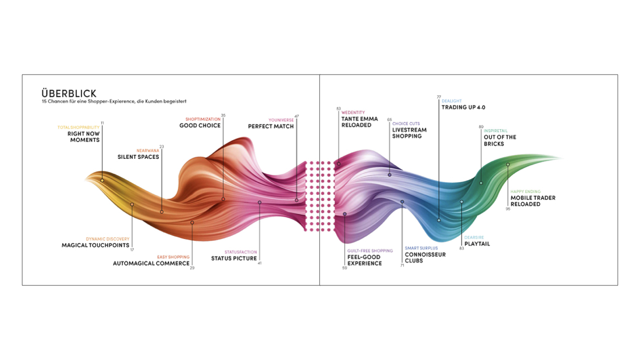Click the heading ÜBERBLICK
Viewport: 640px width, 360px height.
coord(69,93)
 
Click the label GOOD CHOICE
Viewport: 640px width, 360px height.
coord(200,126)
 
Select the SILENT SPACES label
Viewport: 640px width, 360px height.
coord(138,156)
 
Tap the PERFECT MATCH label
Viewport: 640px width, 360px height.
coord(271,127)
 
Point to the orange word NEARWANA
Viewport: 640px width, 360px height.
coord(148,151)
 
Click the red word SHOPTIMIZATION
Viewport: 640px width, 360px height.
coord(203,119)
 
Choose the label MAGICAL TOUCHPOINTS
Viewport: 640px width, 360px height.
coord(95,245)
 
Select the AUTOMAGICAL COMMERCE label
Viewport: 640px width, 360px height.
coord(151,263)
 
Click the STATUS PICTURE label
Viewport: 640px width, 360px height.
coord(234,258)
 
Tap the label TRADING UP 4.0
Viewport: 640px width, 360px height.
coord(463,108)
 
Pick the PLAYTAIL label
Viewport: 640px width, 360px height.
coord(477,244)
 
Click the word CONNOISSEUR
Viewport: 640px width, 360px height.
coord(425,254)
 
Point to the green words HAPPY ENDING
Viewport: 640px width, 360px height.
coord(525,191)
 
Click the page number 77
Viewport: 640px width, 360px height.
coord(439,97)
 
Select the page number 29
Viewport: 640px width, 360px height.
coord(192,268)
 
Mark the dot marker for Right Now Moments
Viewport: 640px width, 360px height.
coord(102,180)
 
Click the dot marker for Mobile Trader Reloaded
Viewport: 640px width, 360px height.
coord(508,165)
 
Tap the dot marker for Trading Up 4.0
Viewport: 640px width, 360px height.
coord(439,220)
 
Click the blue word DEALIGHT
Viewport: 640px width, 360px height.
coord(451,101)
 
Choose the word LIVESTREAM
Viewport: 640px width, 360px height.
coord(410,130)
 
